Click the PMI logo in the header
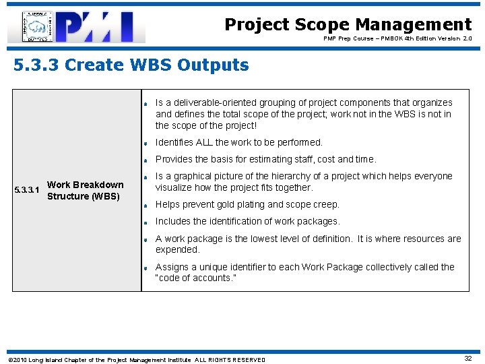[76, 27]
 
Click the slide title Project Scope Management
[348, 25]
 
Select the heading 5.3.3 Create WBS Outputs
[131, 65]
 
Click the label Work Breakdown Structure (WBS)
[84, 190]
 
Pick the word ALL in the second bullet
[204, 142]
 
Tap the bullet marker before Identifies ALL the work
[145, 143]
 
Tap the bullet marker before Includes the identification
[145, 222]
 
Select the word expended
[178, 249]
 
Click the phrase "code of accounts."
[196, 278]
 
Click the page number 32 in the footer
[467, 359]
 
